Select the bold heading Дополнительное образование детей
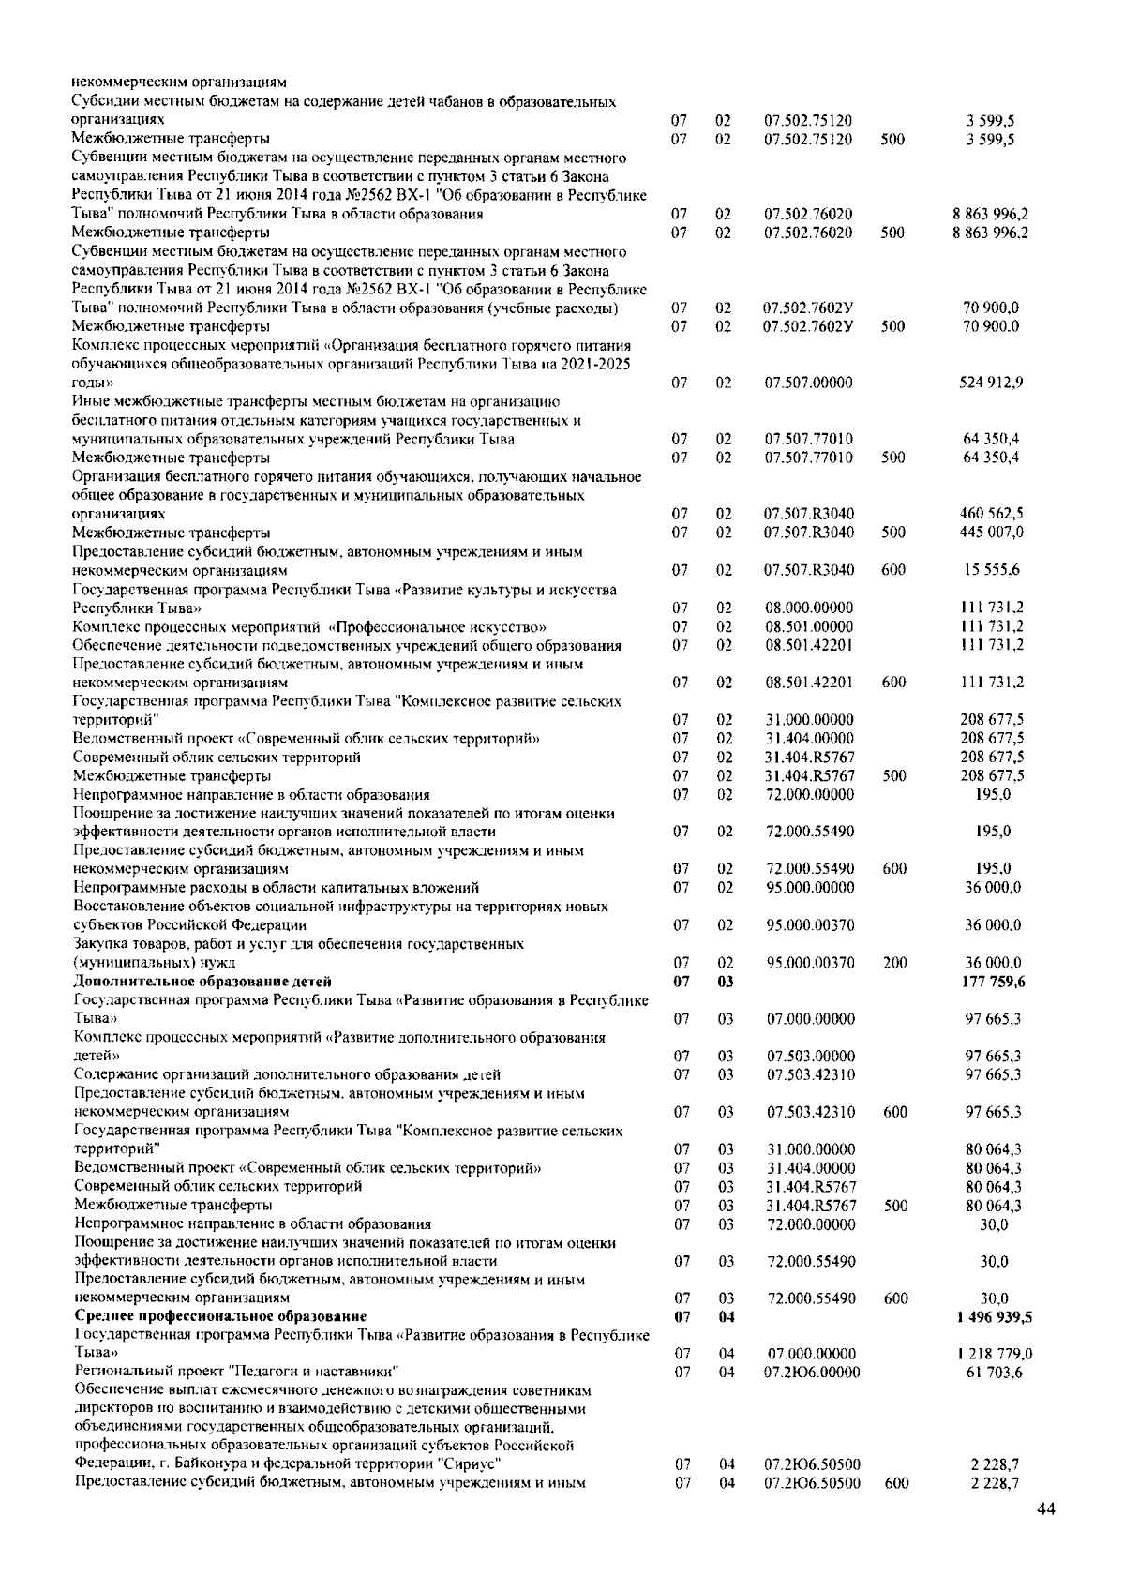(202, 982)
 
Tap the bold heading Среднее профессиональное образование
(220, 1316)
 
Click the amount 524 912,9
(992, 383)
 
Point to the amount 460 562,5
(992, 514)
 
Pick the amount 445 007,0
(992, 533)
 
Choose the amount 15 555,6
(996, 570)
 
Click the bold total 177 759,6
(993, 982)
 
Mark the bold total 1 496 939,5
(988, 1316)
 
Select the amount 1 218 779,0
(989, 1354)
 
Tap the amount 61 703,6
(996, 1373)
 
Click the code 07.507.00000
(808, 383)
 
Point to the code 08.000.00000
(808, 608)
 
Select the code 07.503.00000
(810, 1056)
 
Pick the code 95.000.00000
(810, 887)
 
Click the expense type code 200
(894, 963)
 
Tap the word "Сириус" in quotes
(468, 1463)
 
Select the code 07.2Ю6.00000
(813, 1373)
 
